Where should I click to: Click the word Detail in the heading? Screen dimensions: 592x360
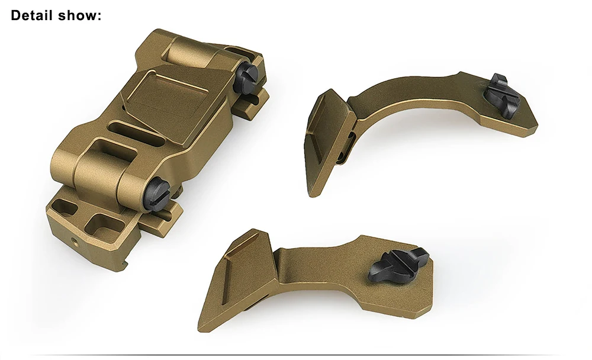tap(32, 15)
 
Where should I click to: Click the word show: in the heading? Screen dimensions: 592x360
tap(80, 15)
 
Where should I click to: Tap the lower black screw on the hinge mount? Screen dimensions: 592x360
tap(158, 193)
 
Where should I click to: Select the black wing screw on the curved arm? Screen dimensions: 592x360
tap(501, 95)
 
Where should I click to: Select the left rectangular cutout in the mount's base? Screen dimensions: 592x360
tap(65, 209)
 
